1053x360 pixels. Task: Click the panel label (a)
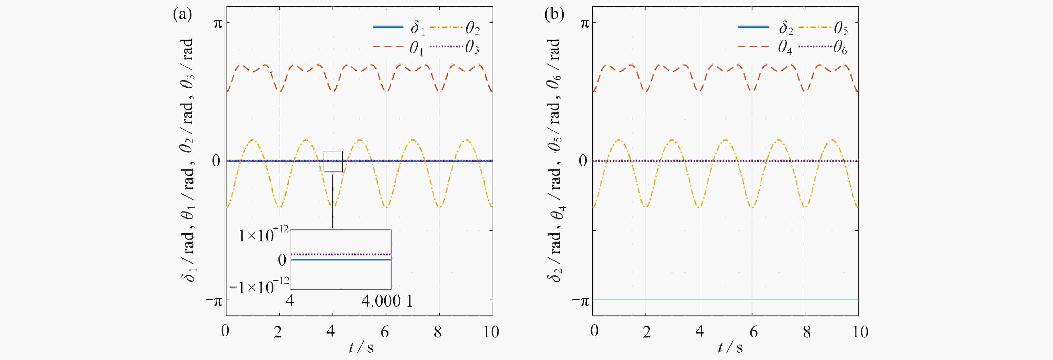[x=182, y=15]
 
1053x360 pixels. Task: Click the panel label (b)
[x=554, y=15]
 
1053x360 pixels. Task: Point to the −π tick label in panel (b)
[x=581, y=302]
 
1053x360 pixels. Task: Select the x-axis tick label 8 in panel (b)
[x=807, y=332]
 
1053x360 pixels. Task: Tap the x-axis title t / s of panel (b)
[x=730, y=347]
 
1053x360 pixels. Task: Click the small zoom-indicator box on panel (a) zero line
[x=333, y=162]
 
